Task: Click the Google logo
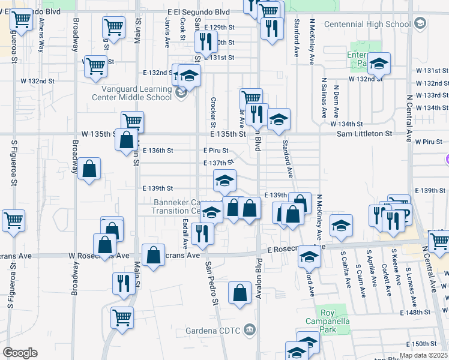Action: [20, 353]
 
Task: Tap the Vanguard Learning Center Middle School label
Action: [131, 93]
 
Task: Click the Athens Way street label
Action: [41, 35]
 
